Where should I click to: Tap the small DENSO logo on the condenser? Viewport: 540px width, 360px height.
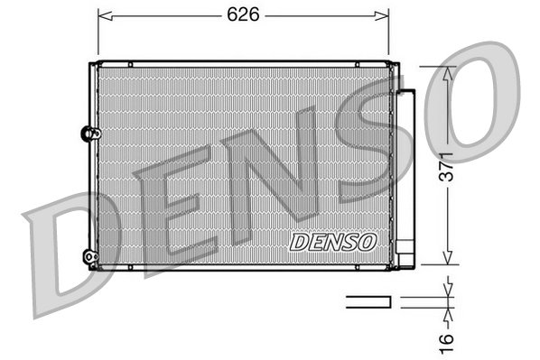333,241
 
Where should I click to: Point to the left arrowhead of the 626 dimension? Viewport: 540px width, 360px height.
102,15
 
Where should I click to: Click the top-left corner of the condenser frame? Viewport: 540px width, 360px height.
91,64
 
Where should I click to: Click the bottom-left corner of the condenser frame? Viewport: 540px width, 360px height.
91,270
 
